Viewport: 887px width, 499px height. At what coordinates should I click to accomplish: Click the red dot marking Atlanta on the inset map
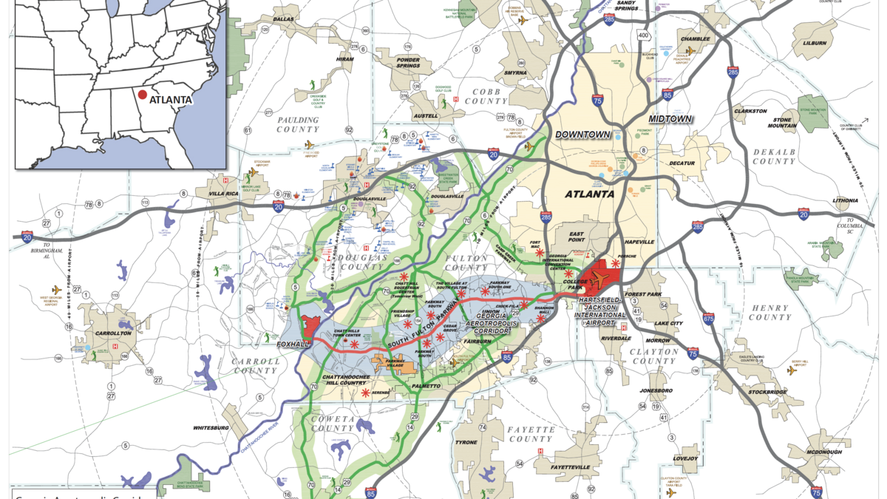142,95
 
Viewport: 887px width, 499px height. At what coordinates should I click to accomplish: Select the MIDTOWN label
670,119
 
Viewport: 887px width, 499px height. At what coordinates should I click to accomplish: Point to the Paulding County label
298,124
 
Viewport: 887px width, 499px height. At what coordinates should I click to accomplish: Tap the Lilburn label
814,44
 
